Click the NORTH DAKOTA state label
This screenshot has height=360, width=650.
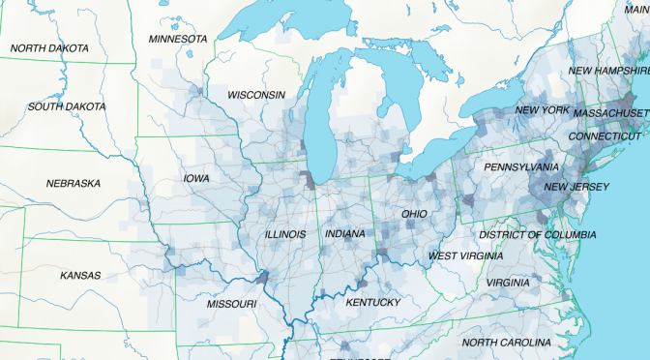[x=49, y=48]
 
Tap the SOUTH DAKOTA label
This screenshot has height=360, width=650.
[x=66, y=106]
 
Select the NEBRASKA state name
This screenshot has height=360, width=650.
[x=73, y=183]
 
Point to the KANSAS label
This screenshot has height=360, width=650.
[x=80, y=276]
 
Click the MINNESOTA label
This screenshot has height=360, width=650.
[x=178, y=39]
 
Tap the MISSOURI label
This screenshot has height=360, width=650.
[x=231, y=304]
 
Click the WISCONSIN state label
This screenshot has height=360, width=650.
[x=256, y=95]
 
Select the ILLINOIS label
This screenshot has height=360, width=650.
[x=285, y=235]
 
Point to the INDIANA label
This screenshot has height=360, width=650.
[x=345, y=235]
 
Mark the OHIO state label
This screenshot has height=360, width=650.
[x=415, y=214]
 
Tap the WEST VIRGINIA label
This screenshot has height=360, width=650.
[x=465, y=255]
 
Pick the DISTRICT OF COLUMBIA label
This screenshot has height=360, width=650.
[x=537, y=235]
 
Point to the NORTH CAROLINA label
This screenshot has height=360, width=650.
[x=507, y=344]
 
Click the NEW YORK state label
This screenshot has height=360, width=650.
[x=542, y=110]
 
